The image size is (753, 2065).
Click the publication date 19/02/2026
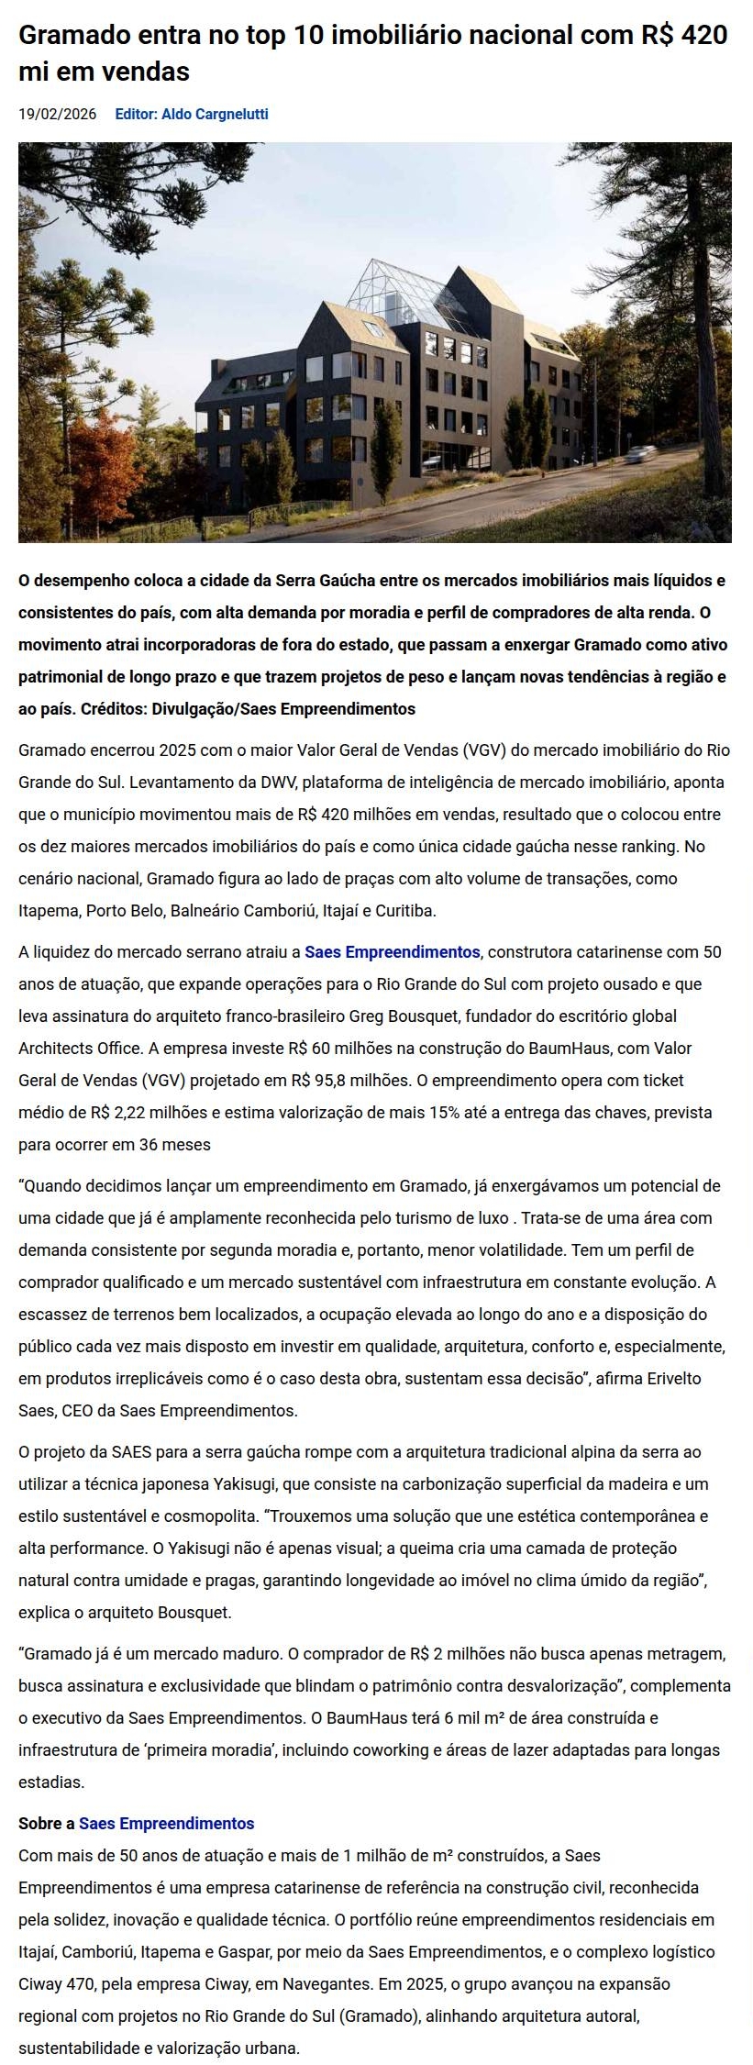click(x=57, y=115)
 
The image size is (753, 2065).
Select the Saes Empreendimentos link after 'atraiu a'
click(x=392, y=952)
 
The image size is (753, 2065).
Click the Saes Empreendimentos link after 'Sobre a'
click(x=166, y=1823)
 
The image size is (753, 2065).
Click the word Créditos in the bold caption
click(x=113, y=709)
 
